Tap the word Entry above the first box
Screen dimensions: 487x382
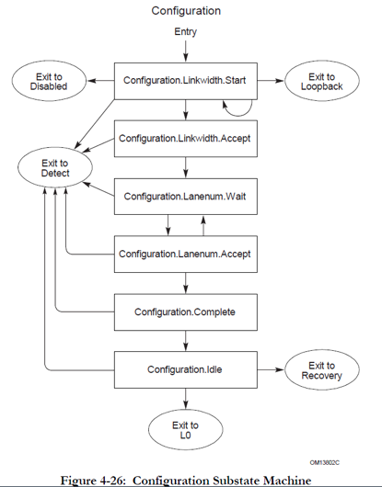185,32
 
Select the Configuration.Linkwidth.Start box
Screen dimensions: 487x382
185,80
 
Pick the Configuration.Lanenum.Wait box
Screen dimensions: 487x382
185,195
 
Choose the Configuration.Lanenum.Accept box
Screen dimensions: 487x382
185,253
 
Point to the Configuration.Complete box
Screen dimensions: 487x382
185,311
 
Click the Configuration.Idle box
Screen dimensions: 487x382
185,369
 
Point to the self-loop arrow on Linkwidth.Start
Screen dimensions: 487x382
240,109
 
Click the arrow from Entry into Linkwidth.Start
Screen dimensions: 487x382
185,50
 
